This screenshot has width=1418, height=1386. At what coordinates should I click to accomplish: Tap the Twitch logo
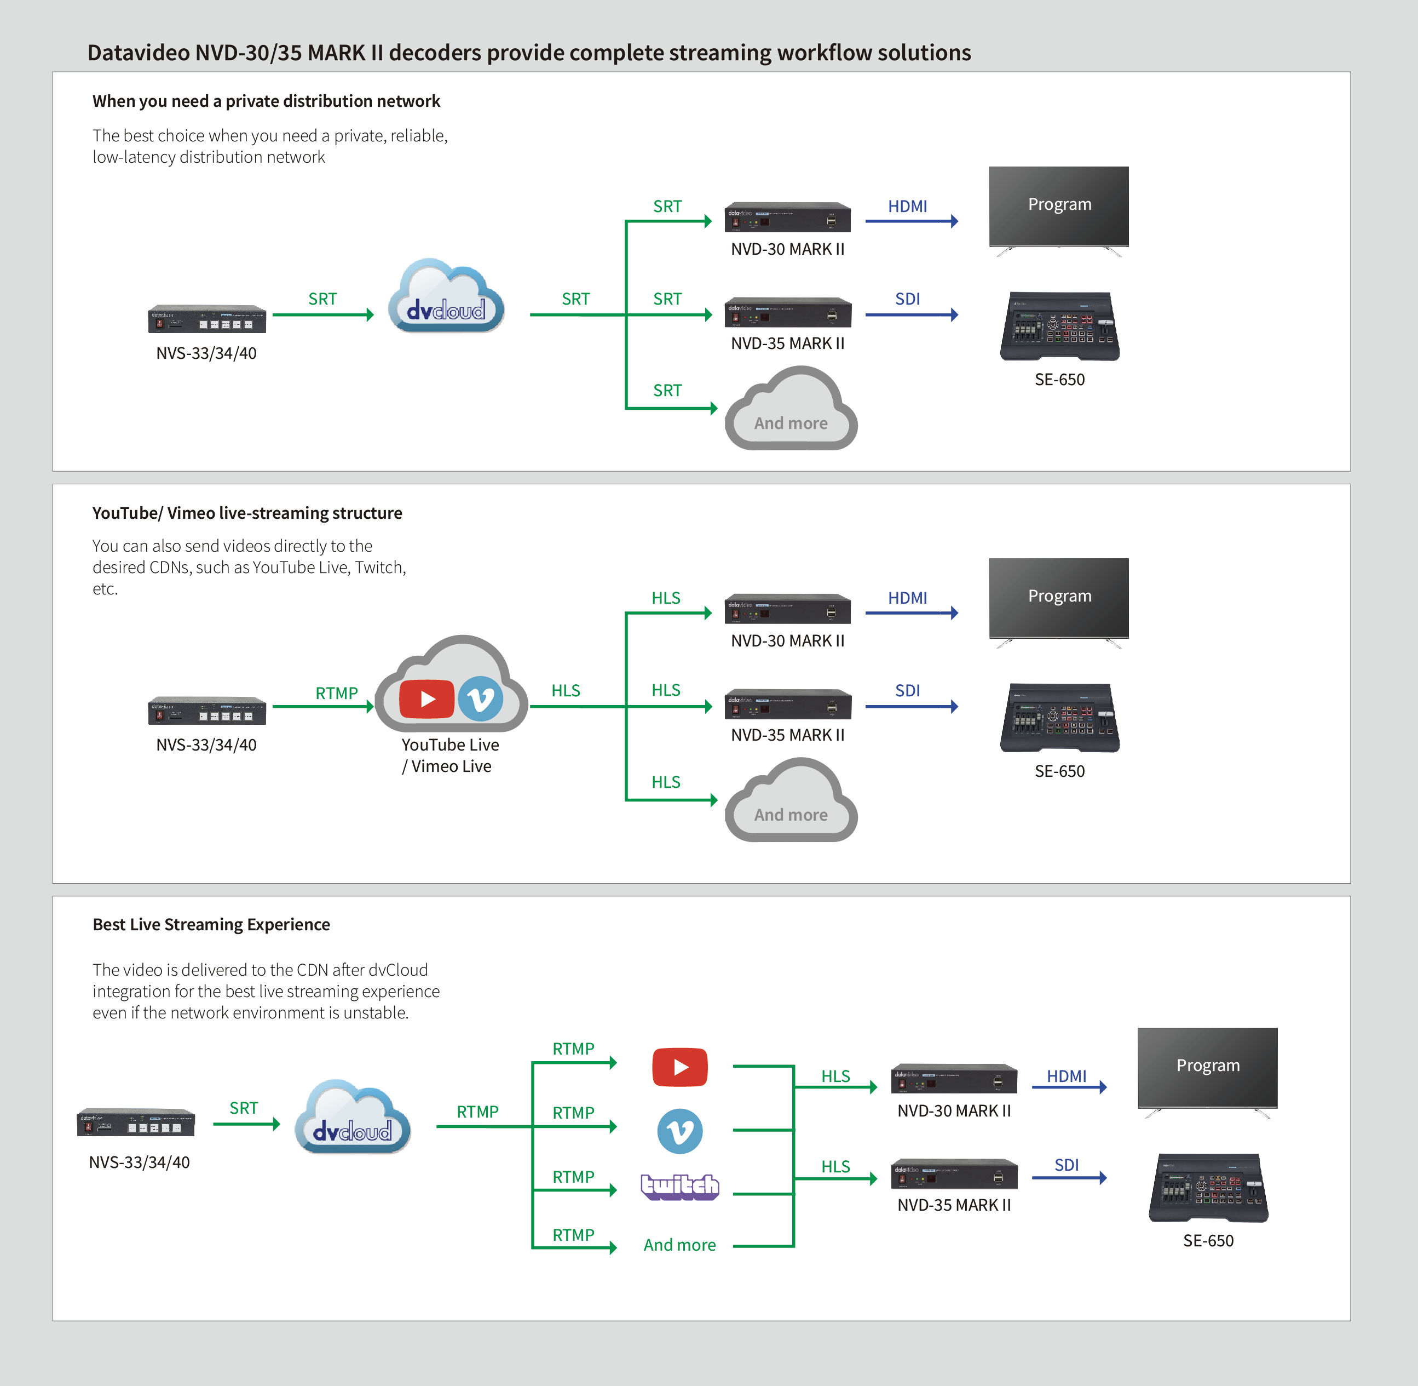click(x=679, y=1187)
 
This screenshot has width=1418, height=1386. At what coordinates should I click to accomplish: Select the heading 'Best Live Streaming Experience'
click(x=211, y=925)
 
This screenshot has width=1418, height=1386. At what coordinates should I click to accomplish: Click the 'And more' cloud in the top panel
click(x=791, y=411)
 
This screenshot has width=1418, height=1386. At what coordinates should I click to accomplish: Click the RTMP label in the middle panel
click(x=336, y=693)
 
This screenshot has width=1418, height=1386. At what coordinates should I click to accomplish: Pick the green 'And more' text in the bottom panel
click(x=679, y=1245)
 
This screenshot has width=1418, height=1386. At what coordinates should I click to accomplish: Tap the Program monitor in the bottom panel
click(x=1207, y=1068)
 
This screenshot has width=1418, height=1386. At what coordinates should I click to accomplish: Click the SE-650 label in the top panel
click(x=1059, y=379)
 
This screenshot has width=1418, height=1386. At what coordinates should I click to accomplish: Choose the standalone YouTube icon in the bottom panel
click(x=679, y=1067)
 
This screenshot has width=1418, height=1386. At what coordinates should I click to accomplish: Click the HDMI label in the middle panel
click(x=907, y=598)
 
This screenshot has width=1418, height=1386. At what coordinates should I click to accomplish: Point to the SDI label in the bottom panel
click(x=1066, y=1165)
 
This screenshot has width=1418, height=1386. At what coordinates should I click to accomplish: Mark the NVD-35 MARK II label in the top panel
click(x=787, y=343)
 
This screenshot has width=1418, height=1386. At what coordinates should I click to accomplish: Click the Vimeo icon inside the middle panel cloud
click(x=480, y=699)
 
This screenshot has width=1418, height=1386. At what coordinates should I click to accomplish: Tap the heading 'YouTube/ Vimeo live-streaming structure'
click(x=247, y=513)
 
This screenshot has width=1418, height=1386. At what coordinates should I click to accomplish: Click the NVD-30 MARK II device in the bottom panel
click(x=954, y=1079)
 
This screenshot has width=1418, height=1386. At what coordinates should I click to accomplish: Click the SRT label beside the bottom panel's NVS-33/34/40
click(x=244, y=1108)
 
